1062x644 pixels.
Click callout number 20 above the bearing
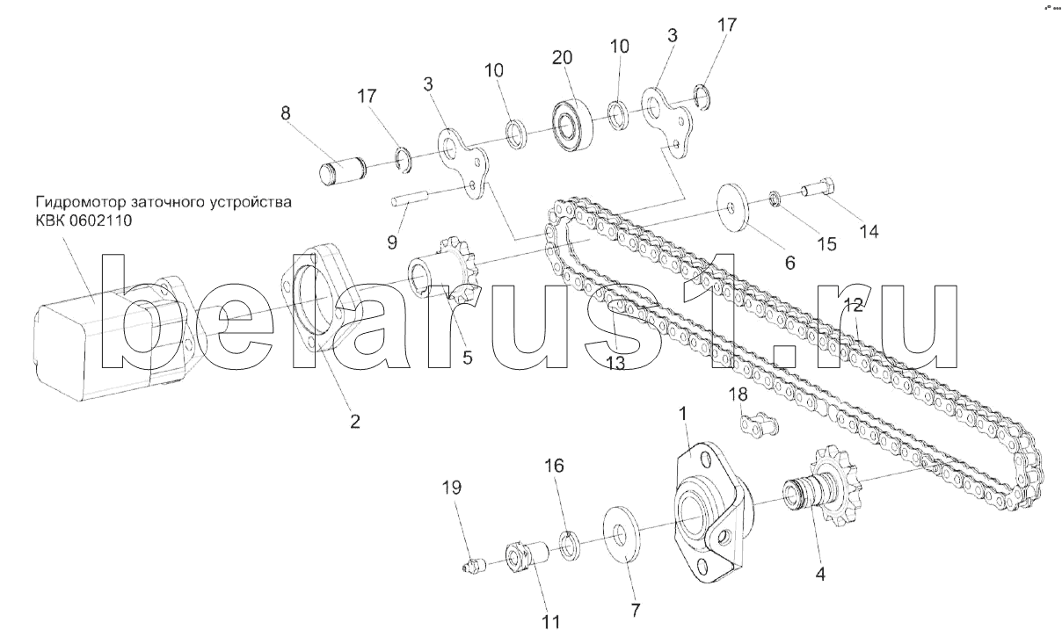click(x=562, y=58)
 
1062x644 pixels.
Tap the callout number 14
click(x=869, y=231)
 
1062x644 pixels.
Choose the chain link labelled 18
click(x=756, y=427)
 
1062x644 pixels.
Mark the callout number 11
click(x=550, y=622)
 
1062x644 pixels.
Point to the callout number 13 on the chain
click(x=615, y=361)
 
